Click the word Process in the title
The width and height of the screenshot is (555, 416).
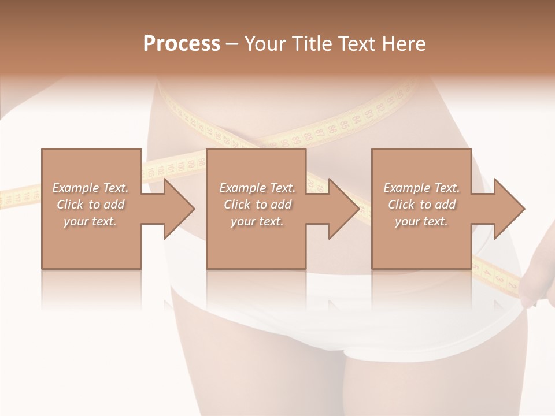pos(182,44)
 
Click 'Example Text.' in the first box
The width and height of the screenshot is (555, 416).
pos(90,188)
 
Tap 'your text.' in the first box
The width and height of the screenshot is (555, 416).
pos(90,221)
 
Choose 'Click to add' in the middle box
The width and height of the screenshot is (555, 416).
pos(257,205)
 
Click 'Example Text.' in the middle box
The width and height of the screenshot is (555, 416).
pos(257,188)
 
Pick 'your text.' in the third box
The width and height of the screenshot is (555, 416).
pos(421,221)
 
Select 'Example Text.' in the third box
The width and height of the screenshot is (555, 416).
pos(421,188)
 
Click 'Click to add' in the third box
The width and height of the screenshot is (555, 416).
pos(421,205)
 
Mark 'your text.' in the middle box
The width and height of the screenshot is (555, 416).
pos(257,221)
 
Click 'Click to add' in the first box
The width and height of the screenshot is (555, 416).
pos(90,205)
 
